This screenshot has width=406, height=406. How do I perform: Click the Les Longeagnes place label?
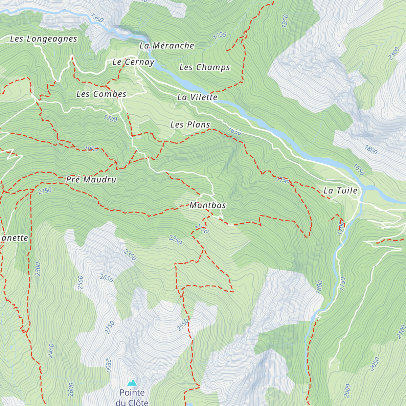44,39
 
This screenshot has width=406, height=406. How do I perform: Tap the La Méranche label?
167,46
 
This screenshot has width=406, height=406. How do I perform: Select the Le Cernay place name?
133,62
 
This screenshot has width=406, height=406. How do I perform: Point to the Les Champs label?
205,67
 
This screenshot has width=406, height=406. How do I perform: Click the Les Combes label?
101,94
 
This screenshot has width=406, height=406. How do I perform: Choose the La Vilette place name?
197,97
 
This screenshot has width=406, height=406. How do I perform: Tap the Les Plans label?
190,125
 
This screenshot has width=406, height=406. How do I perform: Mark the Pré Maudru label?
91,180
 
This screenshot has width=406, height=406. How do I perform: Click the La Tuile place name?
340,190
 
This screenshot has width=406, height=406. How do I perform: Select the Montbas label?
208,205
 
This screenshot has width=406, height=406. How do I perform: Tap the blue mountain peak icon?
132,383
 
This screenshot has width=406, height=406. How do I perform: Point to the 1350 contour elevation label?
97,18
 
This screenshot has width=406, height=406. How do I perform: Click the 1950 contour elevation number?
285,21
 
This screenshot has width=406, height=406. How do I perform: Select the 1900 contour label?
91,149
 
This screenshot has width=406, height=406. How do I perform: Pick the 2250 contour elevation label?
176,240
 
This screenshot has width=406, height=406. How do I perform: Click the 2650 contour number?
107,278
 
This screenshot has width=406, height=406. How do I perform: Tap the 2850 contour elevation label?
109,365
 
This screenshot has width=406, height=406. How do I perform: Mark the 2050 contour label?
375,364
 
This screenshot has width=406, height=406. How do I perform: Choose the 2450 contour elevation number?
51,351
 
